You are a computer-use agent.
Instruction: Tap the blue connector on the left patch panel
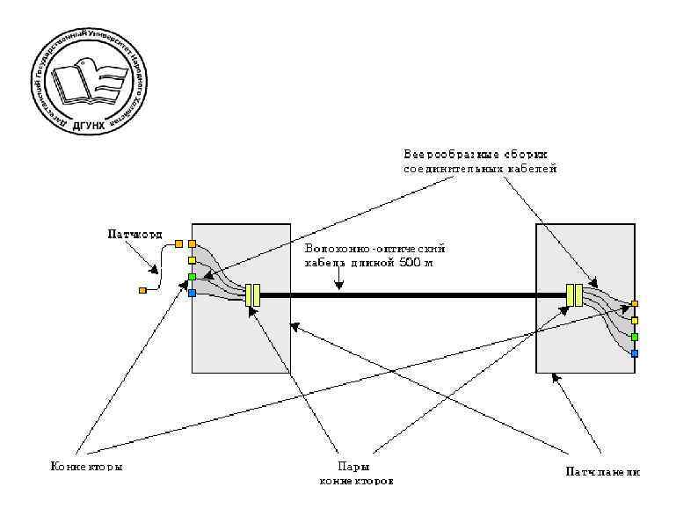tap(192, 293)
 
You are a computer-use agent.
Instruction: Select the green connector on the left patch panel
tap(192, 277)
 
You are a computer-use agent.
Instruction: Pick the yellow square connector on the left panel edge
tap(192, 260)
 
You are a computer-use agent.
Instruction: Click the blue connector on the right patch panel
tap(634, 353)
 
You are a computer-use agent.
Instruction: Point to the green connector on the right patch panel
tap(634, 337)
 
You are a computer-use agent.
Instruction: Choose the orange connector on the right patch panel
tap(634, 304)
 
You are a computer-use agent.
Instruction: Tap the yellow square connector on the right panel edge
tap(634, 320)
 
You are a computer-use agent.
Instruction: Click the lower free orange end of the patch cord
tap(142, 289)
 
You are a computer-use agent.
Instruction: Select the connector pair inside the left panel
tap(253, 294)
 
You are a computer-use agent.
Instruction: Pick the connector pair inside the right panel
tap(574, 294)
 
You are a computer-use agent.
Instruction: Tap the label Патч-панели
tap(602, 472)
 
